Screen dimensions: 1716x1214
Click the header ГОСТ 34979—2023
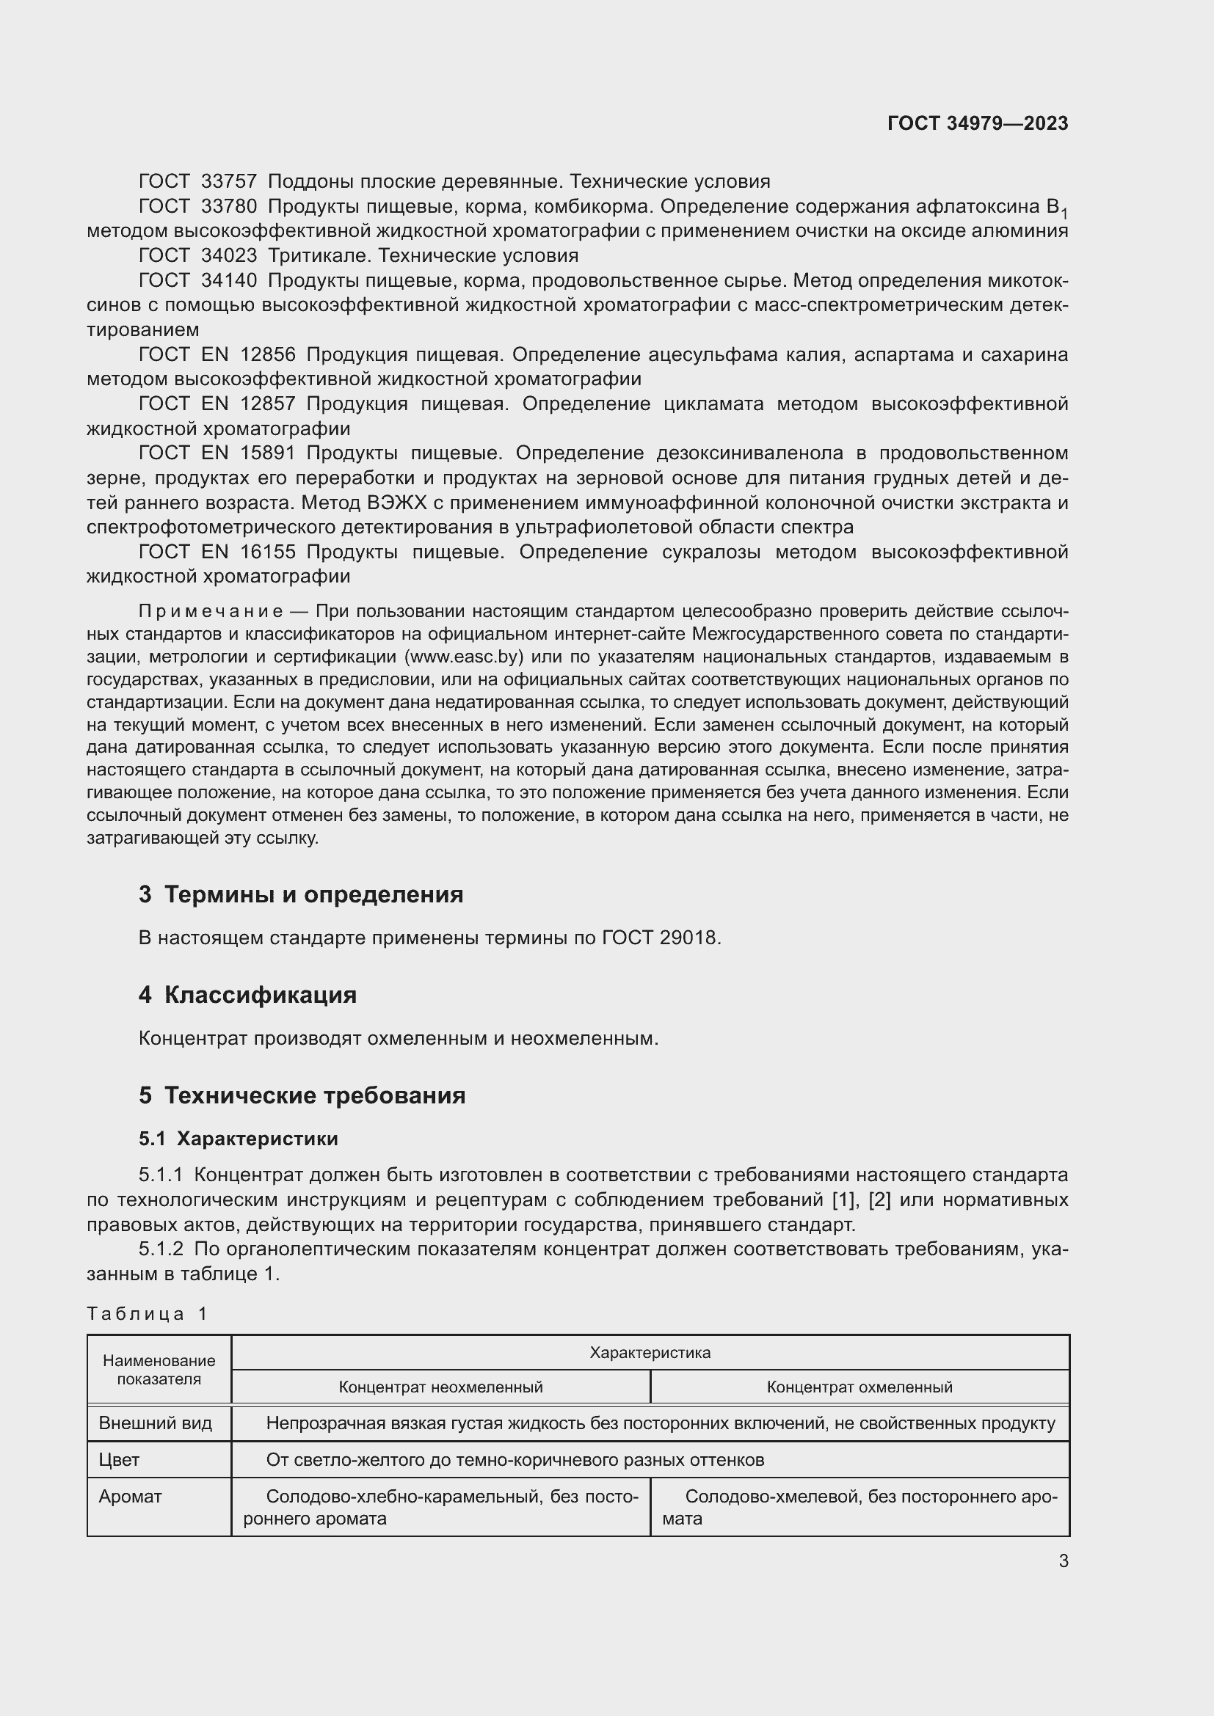pyautogui.click(x=977, y=123)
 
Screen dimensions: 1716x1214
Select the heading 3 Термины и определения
pyautogui.click(x=300, y=894)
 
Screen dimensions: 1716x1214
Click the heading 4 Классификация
pyautogui.click(x=247, y=995)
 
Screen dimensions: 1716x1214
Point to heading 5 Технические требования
pyautogui.click(x=302, y=1095)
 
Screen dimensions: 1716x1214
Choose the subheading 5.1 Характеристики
pyautogui.click(x=238, y=1139)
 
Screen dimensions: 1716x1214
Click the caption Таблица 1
pyautogui.click(x=148, y=1314)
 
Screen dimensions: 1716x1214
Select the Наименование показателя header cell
pyautogui.click(x=159, y=1370)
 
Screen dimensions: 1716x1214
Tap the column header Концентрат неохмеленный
pyautogui.click(x=440, y=1387)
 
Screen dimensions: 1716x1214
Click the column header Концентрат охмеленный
pyautogui.click(x=859, y=1387)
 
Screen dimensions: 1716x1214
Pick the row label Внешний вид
pyautogui.click(x=156, y=1423)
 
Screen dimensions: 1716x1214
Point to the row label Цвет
pyautogui.click(x=119, y=1460)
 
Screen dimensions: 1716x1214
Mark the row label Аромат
pyautogui.click(x=130, y=1496)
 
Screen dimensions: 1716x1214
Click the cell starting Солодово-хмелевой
pyautogui.click(x=859, y=1507)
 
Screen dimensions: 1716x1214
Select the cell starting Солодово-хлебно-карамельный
pyautogui.click(x=440, y=1507)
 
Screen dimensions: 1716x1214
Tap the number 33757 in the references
pyautogui.click(x=229, y=182)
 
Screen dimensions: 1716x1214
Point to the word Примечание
pyautogui.click(x=211, y=611)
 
